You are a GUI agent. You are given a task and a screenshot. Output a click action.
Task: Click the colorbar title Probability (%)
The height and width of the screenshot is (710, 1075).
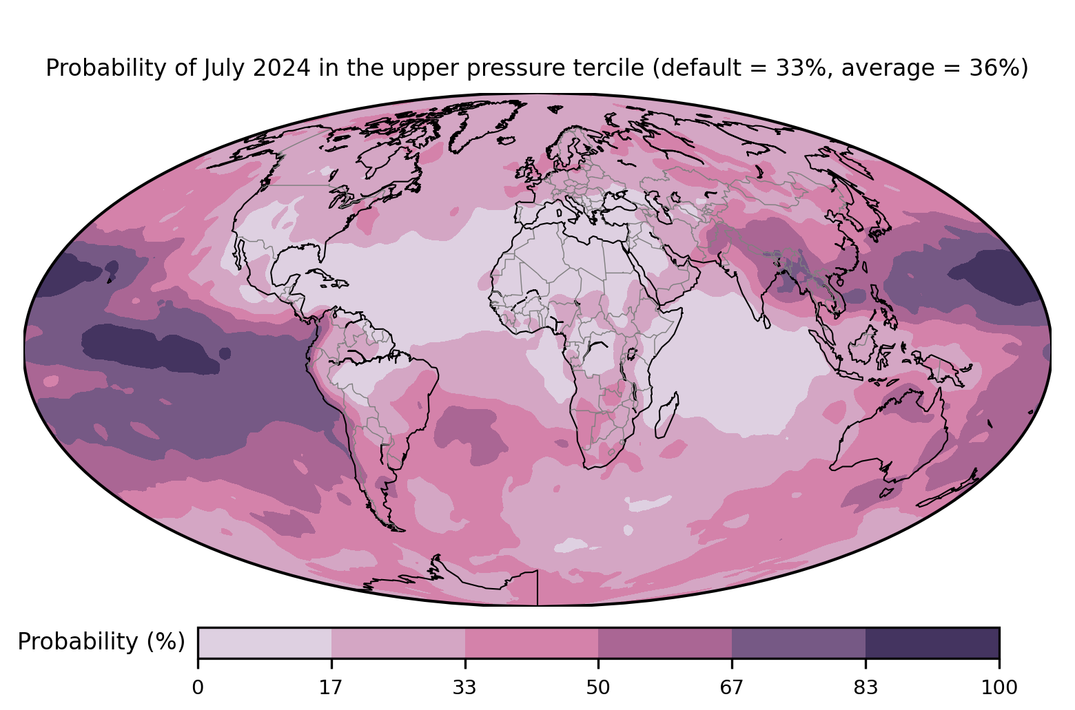101,642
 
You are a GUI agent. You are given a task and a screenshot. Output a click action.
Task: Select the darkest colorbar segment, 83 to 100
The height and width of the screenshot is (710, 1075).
932,643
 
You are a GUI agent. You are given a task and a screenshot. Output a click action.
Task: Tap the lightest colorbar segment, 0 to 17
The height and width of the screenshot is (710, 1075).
265,643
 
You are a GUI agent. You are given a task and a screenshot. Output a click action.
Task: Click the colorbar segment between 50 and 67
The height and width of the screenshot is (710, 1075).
665,643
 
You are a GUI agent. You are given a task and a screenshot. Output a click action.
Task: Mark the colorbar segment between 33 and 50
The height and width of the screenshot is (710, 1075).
532,643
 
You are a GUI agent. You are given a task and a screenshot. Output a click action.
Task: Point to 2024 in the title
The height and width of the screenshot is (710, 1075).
281,67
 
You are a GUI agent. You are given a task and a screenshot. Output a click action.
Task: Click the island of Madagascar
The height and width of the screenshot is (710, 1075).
667,415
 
